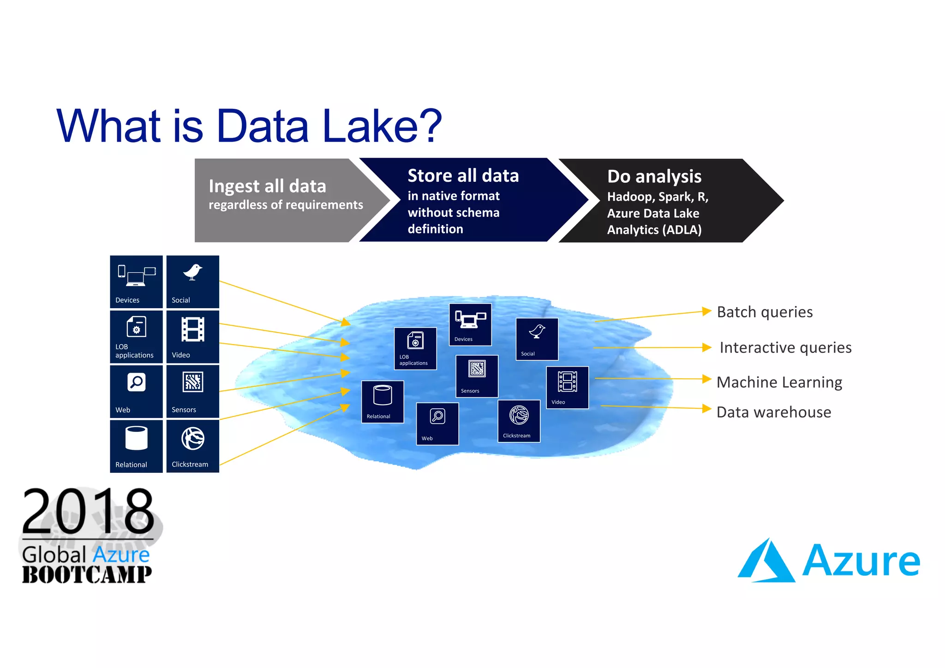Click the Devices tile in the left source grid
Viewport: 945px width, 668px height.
tap(136, 281)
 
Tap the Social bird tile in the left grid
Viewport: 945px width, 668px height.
tap(192, 281)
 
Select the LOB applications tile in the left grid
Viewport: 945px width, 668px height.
tap(136, 336)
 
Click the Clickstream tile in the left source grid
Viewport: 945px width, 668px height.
tap(192, 446)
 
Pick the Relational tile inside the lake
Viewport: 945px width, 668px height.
tap(383, 401)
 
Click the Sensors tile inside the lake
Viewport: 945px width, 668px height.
tap(477, 376)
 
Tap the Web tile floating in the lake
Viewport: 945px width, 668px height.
tap(437, 423)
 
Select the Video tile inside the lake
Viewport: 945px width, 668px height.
tap(567, 387)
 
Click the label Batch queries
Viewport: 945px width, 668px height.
tap(765, 312)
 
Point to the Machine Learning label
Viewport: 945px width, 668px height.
tap(779, 382)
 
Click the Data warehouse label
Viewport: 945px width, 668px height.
tap(773, 412)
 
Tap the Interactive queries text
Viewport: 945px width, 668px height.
tap(785, 347)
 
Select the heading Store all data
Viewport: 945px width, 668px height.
tap(463, 176)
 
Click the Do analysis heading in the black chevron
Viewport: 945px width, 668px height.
tap(654, 177)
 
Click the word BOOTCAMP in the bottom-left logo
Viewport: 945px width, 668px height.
tap(87, 575)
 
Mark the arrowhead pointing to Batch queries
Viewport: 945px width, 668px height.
tap(706, 311)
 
